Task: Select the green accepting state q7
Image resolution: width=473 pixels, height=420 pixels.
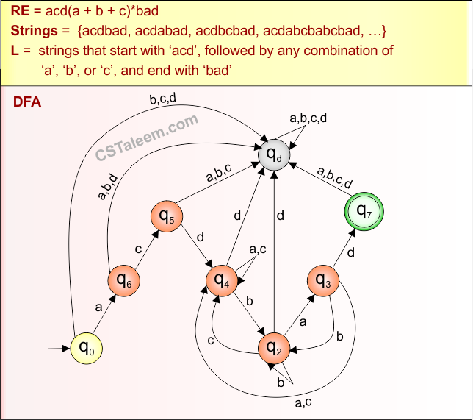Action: click(365, 211)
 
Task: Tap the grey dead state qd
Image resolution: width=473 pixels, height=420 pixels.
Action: click(273, 154)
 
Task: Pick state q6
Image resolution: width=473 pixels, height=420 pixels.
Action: click(123, 281)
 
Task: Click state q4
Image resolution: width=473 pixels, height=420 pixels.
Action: click(223, 280)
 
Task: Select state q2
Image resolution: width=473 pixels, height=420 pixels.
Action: click(274, 345)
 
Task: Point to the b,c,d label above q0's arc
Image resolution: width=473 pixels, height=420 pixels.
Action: click(162, 101)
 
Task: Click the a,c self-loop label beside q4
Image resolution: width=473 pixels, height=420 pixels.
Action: click(258, 250)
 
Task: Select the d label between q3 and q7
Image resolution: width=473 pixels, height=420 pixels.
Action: click(350, 253)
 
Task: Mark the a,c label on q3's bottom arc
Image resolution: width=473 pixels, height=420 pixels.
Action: click(304, 402)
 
